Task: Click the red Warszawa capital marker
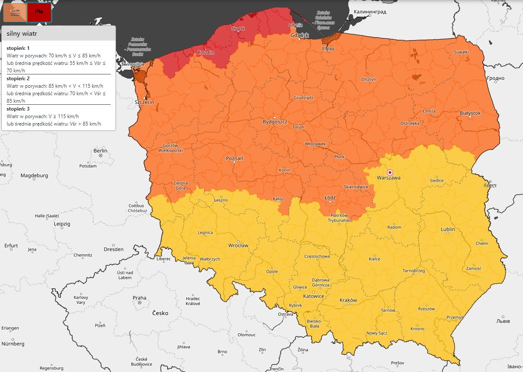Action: point(390,172)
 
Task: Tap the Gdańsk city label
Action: point(300,35)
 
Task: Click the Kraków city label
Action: point(348,300)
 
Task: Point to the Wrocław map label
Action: point(238,245)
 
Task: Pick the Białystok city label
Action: point(470,113)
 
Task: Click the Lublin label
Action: point(448,229)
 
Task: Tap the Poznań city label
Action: point(234,158)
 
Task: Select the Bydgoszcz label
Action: point(275,122)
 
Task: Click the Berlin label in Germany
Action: point(100,150)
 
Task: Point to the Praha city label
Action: point(139,298)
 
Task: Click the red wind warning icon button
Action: point(39,12)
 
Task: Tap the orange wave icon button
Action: point(15,12)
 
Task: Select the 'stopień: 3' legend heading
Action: point(17,108)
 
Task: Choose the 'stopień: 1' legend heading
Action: point(17,48)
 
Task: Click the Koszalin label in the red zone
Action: point(206,52)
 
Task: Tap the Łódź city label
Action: point(330,197)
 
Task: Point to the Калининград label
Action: point(370,12)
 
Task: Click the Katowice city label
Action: point(313,296)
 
